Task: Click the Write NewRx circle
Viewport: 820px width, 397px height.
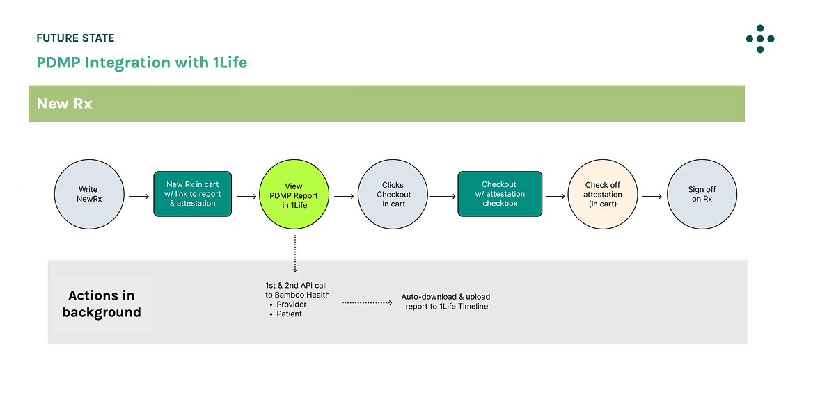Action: coord(89,195)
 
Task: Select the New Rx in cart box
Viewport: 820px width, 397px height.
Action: coord(191,194)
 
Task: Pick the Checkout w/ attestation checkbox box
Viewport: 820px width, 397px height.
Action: coord(499,194)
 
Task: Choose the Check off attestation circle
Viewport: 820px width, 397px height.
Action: coord(602,195)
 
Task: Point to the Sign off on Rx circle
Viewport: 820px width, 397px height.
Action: coord(701,195)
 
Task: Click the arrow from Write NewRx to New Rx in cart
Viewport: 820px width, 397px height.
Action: coord(139,197)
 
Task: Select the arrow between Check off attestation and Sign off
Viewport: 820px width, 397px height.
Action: coord(652,197)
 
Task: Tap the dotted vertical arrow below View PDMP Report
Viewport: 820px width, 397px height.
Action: coord(294,253)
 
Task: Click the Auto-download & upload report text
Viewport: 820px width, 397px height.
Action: coord(446,301)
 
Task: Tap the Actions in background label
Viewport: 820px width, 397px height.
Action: coord(102,305)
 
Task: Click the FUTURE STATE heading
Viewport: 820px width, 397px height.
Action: coord(75,38)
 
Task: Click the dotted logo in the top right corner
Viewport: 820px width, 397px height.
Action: coord(759,39)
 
